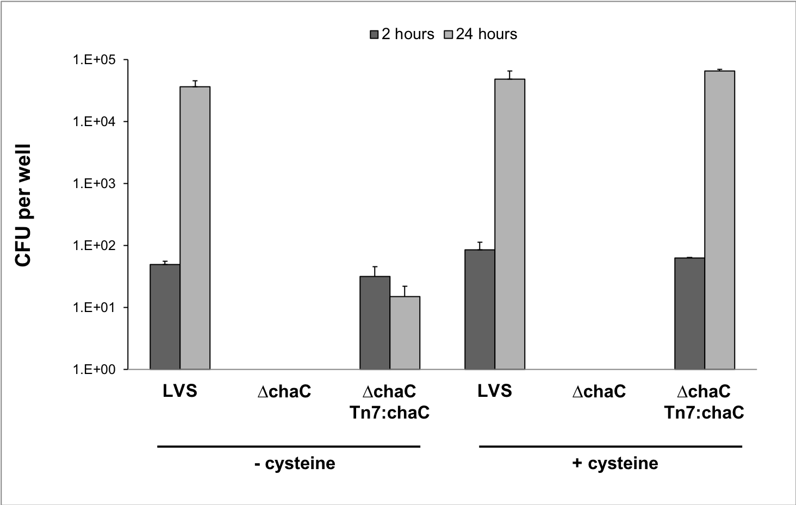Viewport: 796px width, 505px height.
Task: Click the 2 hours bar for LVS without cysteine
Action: coord(165,317)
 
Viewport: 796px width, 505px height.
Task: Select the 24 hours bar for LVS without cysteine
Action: coord(195,228)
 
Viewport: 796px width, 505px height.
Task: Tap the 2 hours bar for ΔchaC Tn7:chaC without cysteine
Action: coord(375,323)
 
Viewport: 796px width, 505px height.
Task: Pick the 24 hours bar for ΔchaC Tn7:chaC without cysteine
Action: coord(405,333)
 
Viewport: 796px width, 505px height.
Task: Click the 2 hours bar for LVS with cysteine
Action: coord(480,309)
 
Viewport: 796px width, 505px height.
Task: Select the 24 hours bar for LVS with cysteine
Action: coord(510,224)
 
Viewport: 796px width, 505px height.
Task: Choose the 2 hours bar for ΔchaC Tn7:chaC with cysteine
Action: coord(690,314)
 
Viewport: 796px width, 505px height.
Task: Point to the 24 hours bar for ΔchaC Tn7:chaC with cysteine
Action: coord(720,220)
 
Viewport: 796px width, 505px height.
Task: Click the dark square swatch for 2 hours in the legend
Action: coord(374,34)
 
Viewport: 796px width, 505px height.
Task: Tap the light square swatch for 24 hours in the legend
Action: coord(449,34)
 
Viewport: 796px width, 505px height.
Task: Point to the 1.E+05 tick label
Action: coord(94,60)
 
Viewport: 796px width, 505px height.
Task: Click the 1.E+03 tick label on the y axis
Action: coord(94,183)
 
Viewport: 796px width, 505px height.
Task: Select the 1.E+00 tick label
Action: coord(94,370)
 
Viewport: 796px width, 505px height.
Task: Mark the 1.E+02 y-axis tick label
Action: coord(94,246)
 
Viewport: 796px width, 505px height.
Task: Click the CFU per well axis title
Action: coord(23,205)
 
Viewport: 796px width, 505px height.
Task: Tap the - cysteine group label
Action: coord(295,464)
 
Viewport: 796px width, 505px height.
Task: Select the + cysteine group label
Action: coord(615,464)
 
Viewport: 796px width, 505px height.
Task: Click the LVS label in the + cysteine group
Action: coord(495,391)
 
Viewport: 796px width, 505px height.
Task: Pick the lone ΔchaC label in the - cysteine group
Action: coord(284,391)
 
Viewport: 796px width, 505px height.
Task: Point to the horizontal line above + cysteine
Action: coord(611,446)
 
